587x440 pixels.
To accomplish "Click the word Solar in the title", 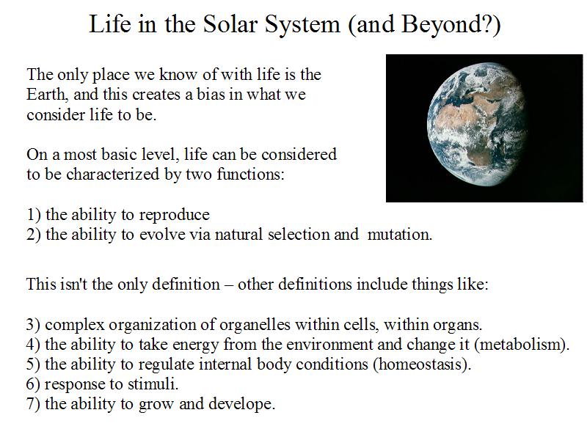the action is [x=230, y=24].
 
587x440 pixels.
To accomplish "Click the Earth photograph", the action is [x=484, y=128].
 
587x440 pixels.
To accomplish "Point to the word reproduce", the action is [x=174, y=216].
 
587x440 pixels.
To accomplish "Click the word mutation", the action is [x=399, y=235].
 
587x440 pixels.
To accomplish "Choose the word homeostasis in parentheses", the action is [x=421, y=364].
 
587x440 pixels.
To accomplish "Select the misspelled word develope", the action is [x=241, y=405].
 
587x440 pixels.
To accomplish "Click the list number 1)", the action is [x=33, y=215].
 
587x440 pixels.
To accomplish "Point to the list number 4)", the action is [x=33, y=345].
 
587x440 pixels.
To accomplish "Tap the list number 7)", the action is [x=33, y=405].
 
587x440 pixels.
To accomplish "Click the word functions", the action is [x=250, y=175].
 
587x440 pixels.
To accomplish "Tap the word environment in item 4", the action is [x=317, y=345].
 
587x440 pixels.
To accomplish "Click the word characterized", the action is [x=113, y=175].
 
